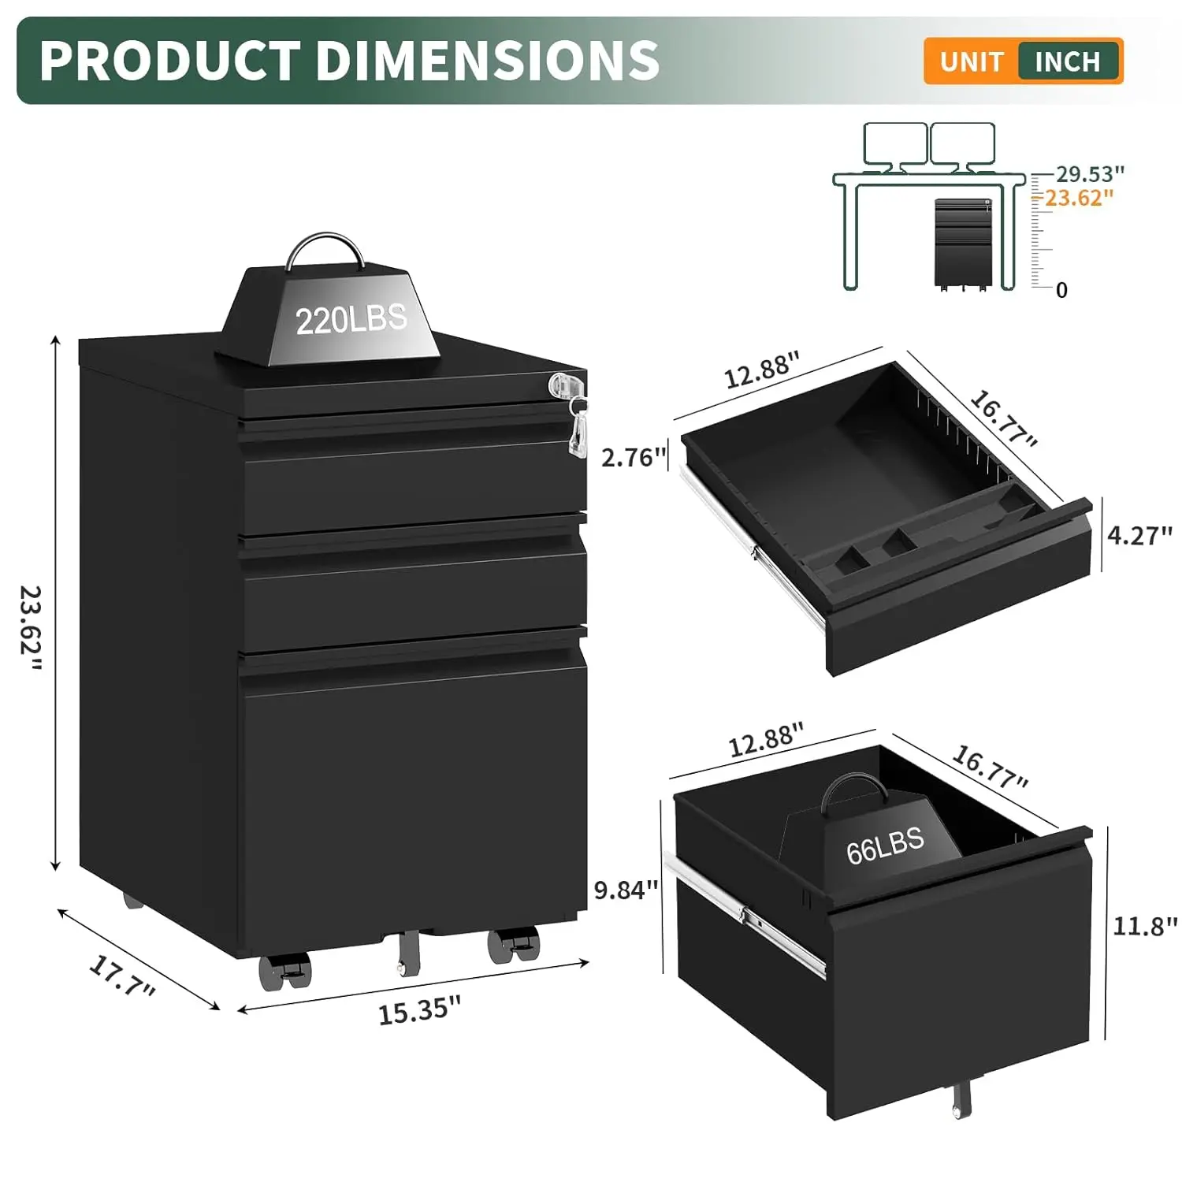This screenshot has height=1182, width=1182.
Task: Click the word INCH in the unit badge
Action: [x=1067, y=61]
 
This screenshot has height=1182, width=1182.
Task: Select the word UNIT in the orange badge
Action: [x=971, y=61]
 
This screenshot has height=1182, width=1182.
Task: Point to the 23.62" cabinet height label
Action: [x=32, y=627]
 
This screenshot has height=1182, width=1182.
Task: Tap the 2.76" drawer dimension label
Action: [x=634, y=457]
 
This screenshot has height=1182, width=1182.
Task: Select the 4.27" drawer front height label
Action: [x=1139, y=536]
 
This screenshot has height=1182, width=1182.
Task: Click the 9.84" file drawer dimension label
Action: [x=626, y=890]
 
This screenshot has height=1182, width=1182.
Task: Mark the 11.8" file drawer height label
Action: [x=1144, y=926]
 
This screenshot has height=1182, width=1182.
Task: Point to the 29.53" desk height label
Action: [x=1090, y=173]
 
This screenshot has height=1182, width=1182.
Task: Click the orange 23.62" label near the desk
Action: [x=1079, y=198]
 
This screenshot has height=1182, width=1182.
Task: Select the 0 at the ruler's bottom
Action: [x=1061, y=291]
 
